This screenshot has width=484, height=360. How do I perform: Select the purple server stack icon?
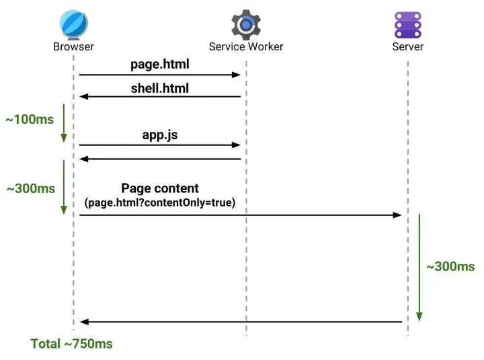pos(407,24)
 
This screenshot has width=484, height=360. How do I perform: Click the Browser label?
pos(73,46)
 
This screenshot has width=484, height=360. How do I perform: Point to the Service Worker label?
pos(246,46)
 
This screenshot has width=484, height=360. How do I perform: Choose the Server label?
pos(408,46)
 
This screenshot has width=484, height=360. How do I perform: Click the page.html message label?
pos(160,65)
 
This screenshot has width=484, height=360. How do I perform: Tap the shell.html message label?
pos(160,87)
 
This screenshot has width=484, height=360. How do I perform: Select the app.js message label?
pos(160,135)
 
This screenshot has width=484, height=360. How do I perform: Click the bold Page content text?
pos(160,188)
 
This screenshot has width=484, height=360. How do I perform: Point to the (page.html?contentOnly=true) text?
pos(160,202)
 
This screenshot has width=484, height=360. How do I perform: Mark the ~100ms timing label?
pos(30,120)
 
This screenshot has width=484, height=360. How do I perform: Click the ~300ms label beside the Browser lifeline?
pos(30,189)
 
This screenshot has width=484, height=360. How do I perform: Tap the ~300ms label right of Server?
pos(450,266)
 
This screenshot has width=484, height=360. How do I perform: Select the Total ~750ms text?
pos(71,344)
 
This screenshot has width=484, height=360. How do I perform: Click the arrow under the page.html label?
pos(160,75)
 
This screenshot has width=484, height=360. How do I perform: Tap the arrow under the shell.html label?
pos(160,97)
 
